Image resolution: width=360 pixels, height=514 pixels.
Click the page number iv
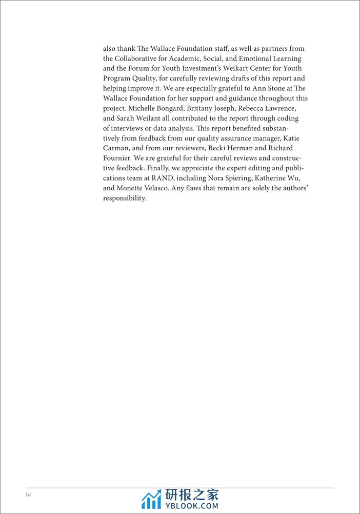click(29, 495)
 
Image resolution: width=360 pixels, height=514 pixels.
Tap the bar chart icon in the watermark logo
click(151, 499)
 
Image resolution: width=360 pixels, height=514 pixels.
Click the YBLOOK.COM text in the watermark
click(191, 505)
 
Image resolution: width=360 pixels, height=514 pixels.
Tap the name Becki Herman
click(231, 148)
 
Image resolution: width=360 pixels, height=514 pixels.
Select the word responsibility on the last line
click(125, 199)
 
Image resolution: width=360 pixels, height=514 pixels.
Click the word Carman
click(116, 148)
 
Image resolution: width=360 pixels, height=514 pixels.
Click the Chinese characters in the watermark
click(192, 495)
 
